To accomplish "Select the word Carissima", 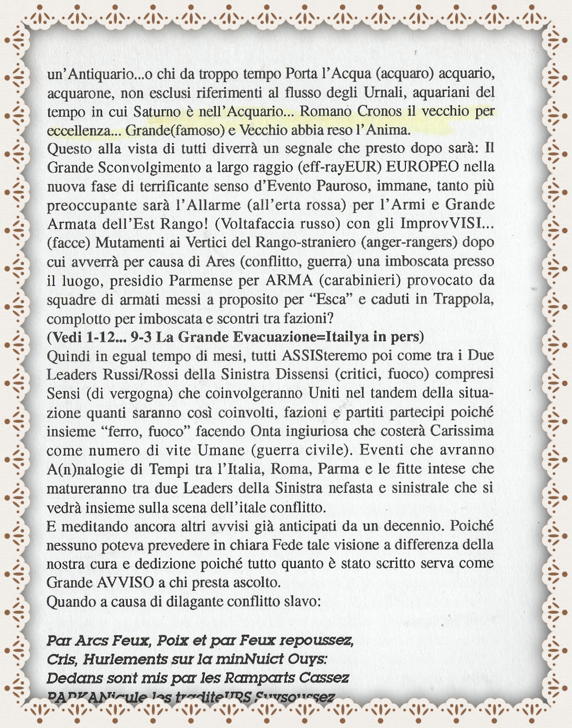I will coord(462,431).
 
